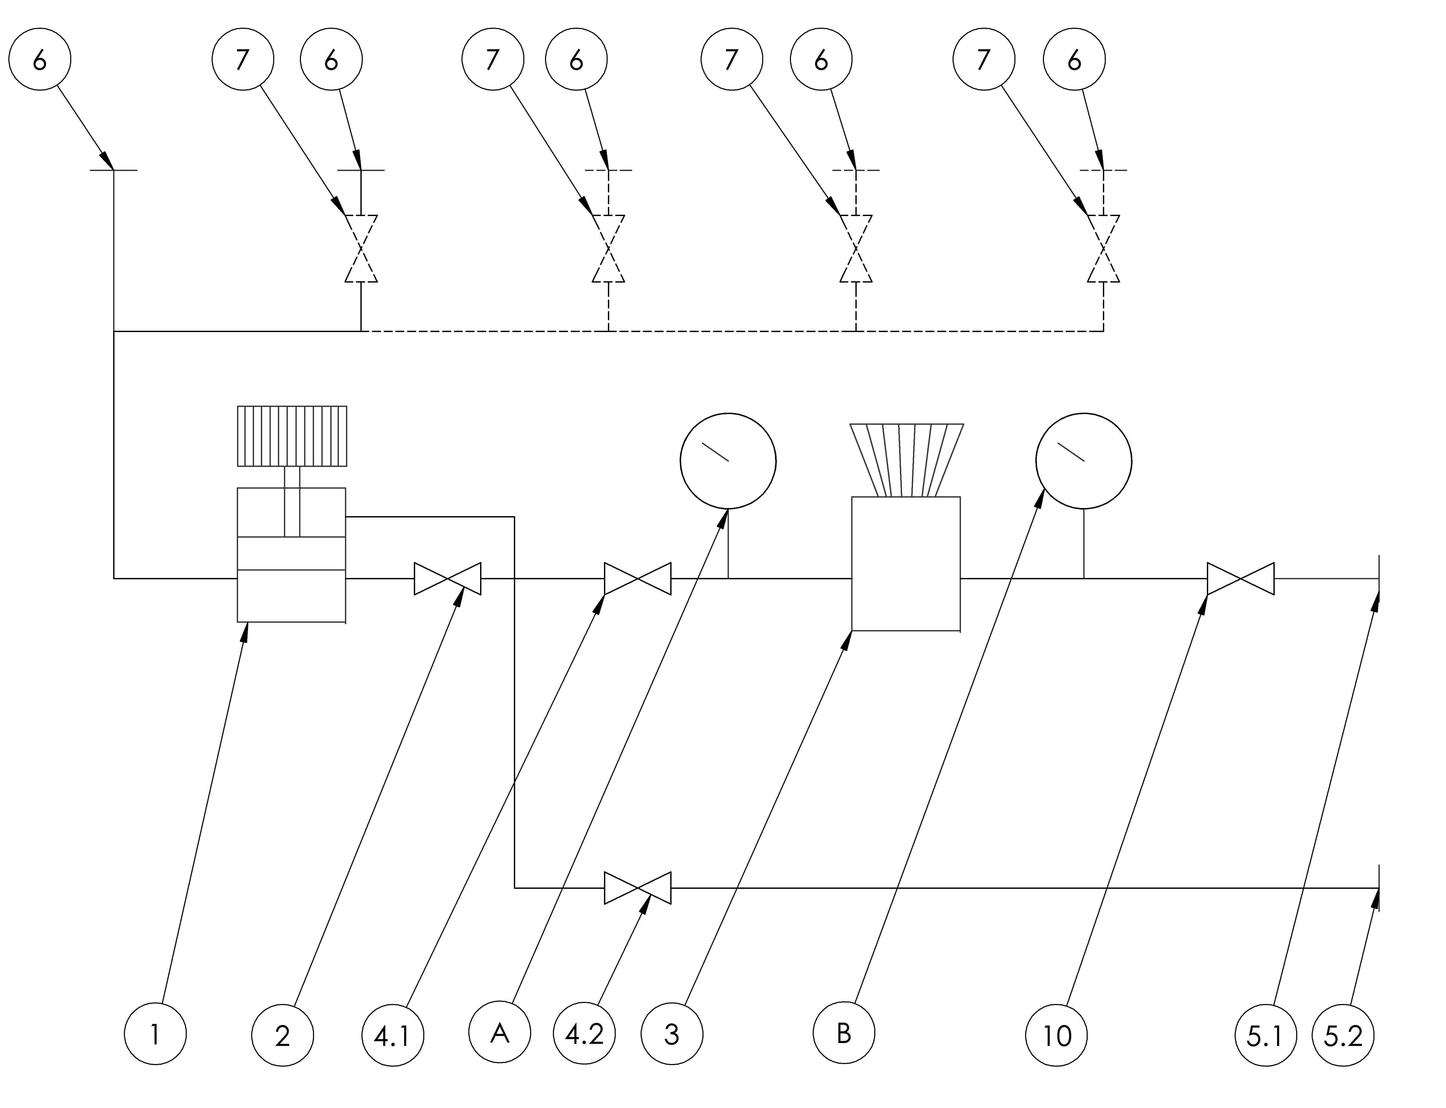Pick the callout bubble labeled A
coord(500,1032)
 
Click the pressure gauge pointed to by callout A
coord(728,461)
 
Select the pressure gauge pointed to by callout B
coord(1084,461)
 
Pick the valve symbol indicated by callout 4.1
coord(638,578)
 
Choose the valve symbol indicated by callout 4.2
coord(638,888)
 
